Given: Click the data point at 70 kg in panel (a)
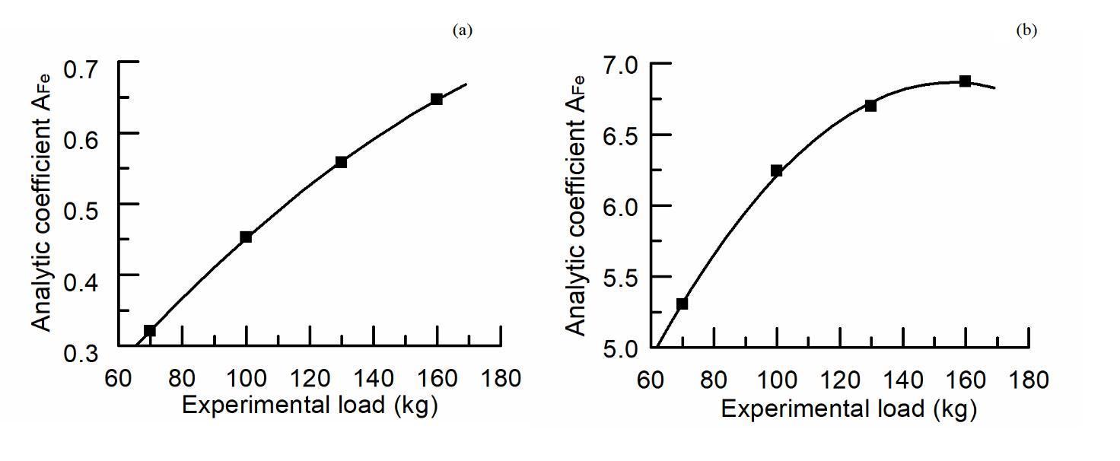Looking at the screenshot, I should (x=150, y=330).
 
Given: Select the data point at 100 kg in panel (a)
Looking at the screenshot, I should (x=246, y=237).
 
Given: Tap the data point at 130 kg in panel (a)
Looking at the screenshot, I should (x=341, y=162).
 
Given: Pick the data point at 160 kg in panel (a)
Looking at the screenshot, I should (x=437, y=99).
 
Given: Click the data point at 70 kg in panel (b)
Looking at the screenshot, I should (x=682, y=304).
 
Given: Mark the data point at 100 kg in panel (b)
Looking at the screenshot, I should (x=777, y=170).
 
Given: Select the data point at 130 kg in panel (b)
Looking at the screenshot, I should (x=870, y=106).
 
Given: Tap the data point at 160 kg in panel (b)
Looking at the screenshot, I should (x=965, y=81).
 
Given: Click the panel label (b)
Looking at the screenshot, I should (x=1026, y=30).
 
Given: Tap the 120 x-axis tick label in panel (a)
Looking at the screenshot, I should (x=309, y=377).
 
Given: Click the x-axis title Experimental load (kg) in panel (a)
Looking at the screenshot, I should (x=310, y=405).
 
